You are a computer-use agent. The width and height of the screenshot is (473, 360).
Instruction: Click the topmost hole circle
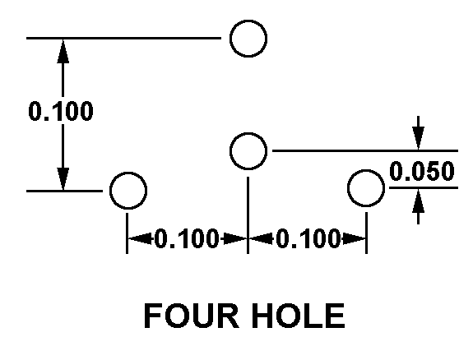pos(248,21)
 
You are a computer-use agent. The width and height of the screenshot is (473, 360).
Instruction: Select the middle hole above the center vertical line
pos(248,133)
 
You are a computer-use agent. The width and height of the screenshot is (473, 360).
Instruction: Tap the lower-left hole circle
pos(128,173)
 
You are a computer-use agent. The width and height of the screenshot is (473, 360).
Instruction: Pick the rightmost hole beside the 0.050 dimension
pos(366,170)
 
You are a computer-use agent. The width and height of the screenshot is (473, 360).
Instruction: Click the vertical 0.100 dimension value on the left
pos(61,111)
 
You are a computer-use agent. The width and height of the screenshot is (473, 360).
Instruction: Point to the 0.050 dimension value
pos(422,171)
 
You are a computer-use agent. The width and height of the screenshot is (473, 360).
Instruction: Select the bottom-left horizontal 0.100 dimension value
pos(186,238)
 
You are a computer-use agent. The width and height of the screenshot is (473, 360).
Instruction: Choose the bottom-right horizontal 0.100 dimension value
pos(308,238)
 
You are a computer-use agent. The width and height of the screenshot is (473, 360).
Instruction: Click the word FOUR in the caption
pos(192,316)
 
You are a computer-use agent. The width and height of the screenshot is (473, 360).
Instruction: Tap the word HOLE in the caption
pos(298,316)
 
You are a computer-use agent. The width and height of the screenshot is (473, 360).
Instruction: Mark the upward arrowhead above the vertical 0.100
pos(63,51)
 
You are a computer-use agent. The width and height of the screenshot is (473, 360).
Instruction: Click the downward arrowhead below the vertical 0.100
pos(63,178)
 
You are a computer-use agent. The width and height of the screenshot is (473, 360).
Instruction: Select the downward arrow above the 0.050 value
pos(418,132)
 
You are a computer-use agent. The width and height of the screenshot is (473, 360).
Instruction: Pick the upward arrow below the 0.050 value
pos(418,206)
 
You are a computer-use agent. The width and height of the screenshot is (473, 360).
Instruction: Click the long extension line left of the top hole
pos(123,39)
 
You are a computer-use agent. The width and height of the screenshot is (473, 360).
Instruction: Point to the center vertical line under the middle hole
pos(248,215)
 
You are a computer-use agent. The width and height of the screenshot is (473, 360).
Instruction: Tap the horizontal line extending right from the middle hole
pos(365,150)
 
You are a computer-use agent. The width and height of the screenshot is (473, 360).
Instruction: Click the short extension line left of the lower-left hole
pos(64,191)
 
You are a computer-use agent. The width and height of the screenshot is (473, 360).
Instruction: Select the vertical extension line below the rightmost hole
pos(367,233)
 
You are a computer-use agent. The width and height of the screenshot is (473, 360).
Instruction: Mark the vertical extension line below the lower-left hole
pos(127,233)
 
